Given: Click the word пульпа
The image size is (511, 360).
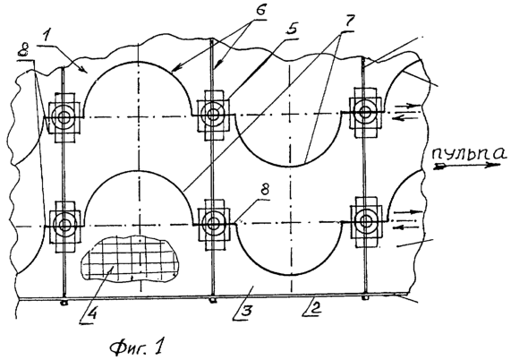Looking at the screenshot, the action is pos(470,153).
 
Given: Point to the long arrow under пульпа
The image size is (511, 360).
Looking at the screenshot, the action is pos(467,166).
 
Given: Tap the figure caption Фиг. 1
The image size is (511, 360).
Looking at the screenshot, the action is pos(136,347).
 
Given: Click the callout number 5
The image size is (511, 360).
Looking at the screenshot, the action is pos(291,29).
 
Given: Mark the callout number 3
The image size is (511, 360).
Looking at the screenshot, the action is pos(246,311).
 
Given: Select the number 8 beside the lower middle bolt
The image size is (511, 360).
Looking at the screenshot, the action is pos(264,189).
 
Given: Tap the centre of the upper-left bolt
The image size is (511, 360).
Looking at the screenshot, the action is pos(64,117).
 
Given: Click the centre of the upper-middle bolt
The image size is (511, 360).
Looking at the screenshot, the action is pos(213,115).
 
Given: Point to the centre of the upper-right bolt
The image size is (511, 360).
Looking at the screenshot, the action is pos(364,112).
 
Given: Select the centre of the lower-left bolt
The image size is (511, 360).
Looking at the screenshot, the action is pos(64,225).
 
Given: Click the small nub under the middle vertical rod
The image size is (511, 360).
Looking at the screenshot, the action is pos(213,300).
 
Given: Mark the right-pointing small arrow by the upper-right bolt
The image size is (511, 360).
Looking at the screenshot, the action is pos(408,106).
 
